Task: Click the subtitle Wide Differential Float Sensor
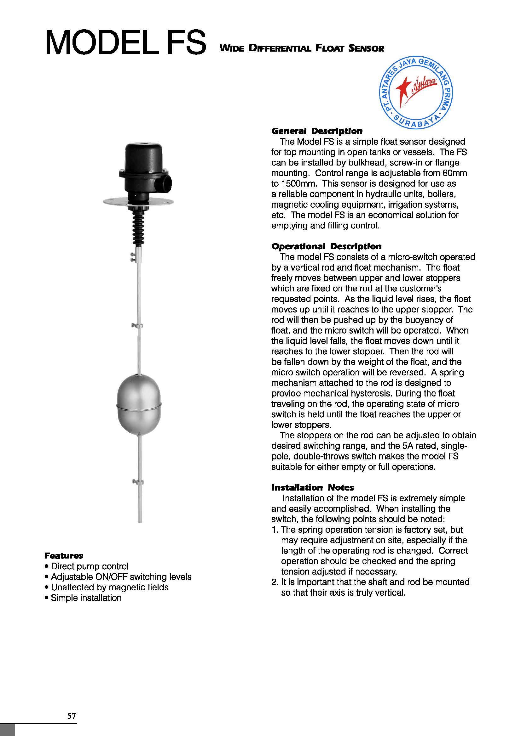301,49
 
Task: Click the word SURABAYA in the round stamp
416,122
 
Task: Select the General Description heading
316,131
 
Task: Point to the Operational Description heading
326,246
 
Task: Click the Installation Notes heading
312,487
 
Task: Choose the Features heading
64,555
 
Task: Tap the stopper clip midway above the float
138,326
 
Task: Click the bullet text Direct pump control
90,566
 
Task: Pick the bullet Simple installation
86,598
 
